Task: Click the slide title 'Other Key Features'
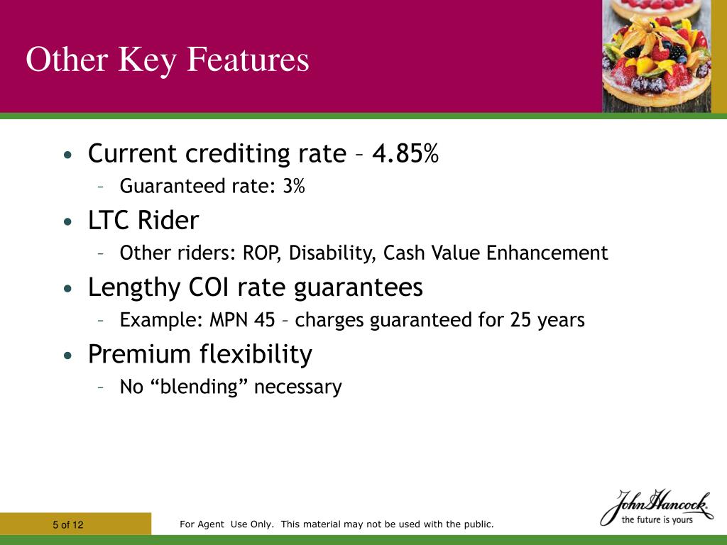168,60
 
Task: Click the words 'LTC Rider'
143,221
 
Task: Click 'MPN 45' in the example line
242,320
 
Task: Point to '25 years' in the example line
547,320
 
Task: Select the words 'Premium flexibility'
200,354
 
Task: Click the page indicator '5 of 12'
68,525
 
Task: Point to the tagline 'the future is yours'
657,519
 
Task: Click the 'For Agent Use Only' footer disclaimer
337,524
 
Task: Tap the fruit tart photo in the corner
656,55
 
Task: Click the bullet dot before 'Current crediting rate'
67,155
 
